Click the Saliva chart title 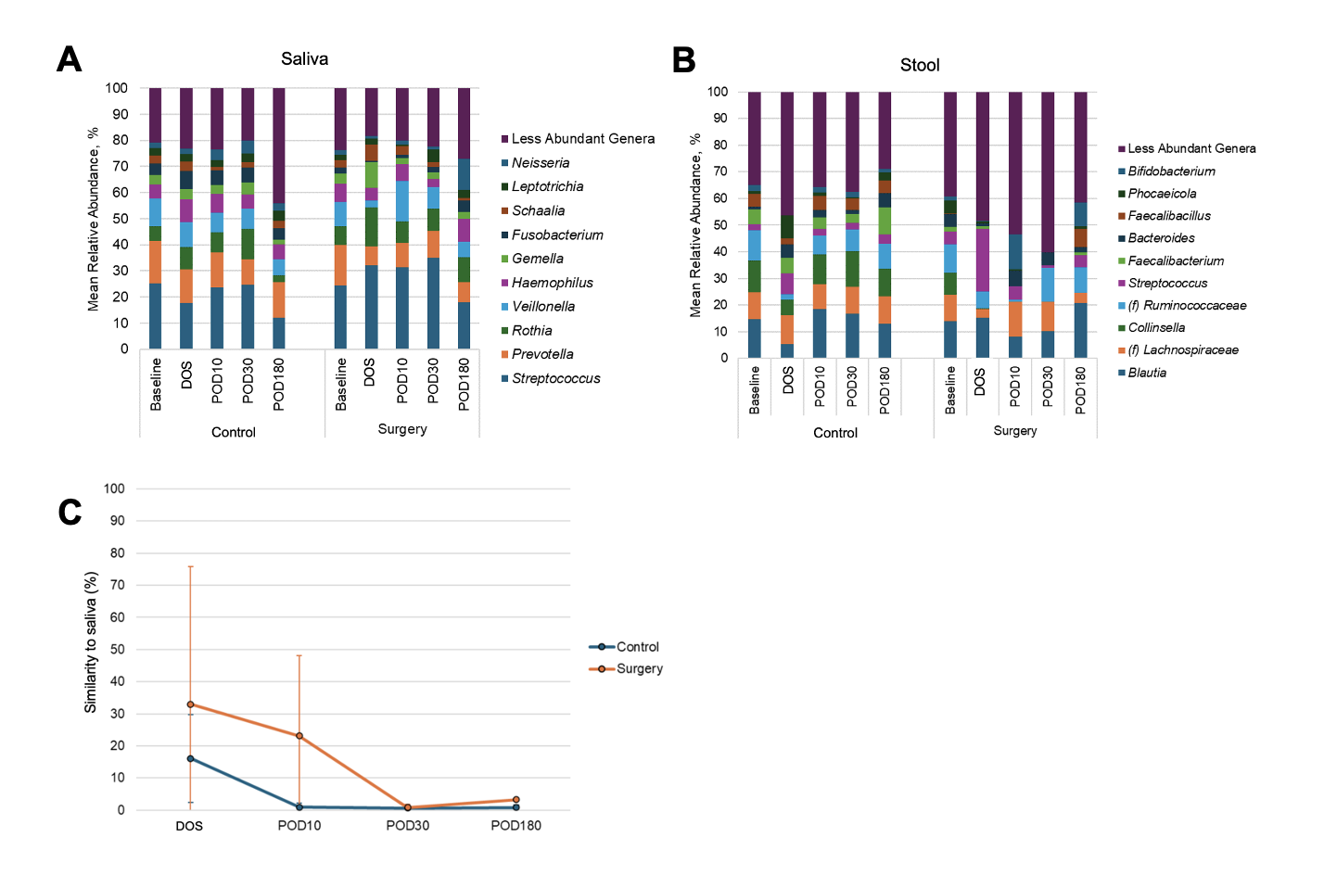pyautogui.click(x=304, y=59)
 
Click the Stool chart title pyautogui.click(x=919, y=65)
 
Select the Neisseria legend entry pyautogui.click(x=540, y=163)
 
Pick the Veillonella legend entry pyautogui.click(x=542, y=307)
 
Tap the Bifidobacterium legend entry pyautogui.click(x=1171, y=171)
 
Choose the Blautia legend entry pyautogui.click(x=1147, y=373)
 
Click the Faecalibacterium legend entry pyautogui.click(x=1176, y=261)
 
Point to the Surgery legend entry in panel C pyautogui.click(x=639, y=668)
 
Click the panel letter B pyautogui.click(x=683, y=60)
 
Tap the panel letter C pyautogui.click(x=70, y=513)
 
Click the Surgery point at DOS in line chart pyautogui.click(x=190, y=704)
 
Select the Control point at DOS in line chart pyautogui.click(x=190, y=758)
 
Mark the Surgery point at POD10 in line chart pyautogui.click(x=299, y=736)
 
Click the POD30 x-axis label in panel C pyautogui.click(x=407, y=826)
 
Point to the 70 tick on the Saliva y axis pyautogui.click(x=120, y=167)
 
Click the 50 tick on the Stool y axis pyautogui.click(x=719, y=225)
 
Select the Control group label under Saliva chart pyautogui.click(x=233, y=433)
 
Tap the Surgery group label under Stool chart pyautogui.click(x=1014, y=431)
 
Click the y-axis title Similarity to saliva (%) pyautogui.click(x=91, y=642)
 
